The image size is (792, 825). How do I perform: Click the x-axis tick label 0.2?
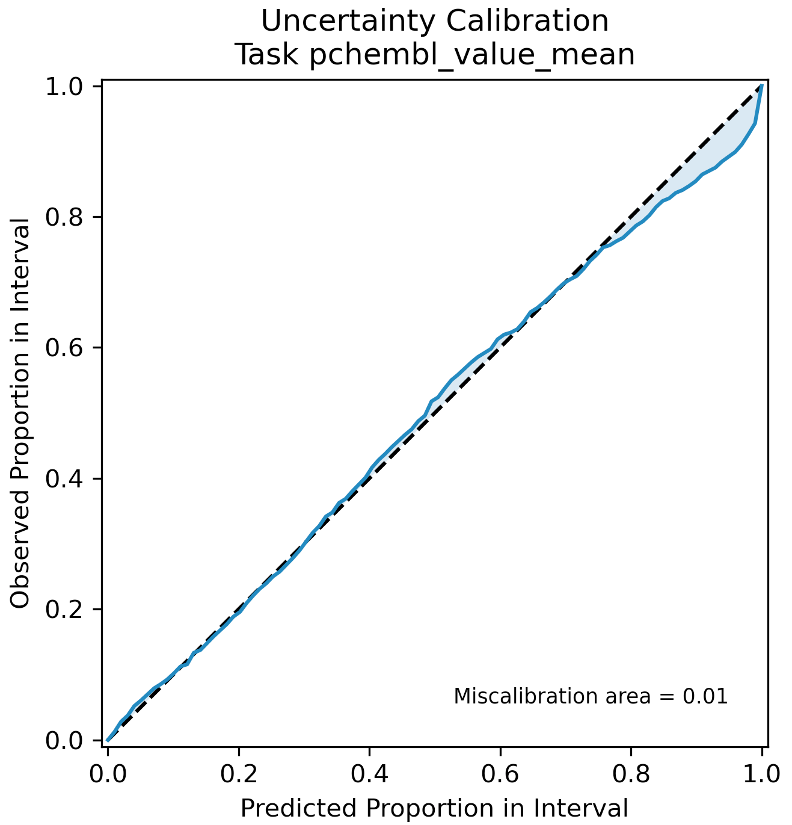[239, 774]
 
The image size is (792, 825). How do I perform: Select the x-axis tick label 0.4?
[369, 774]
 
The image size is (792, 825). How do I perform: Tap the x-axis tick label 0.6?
[500, 774]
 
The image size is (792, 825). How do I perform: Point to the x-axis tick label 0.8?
[631, 774]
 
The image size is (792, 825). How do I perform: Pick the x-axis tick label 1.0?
[761, 774]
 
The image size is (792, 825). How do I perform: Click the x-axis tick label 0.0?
[108, 774]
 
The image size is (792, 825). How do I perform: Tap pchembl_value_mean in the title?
[472, 55]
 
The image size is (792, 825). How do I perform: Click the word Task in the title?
[266, 55]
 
